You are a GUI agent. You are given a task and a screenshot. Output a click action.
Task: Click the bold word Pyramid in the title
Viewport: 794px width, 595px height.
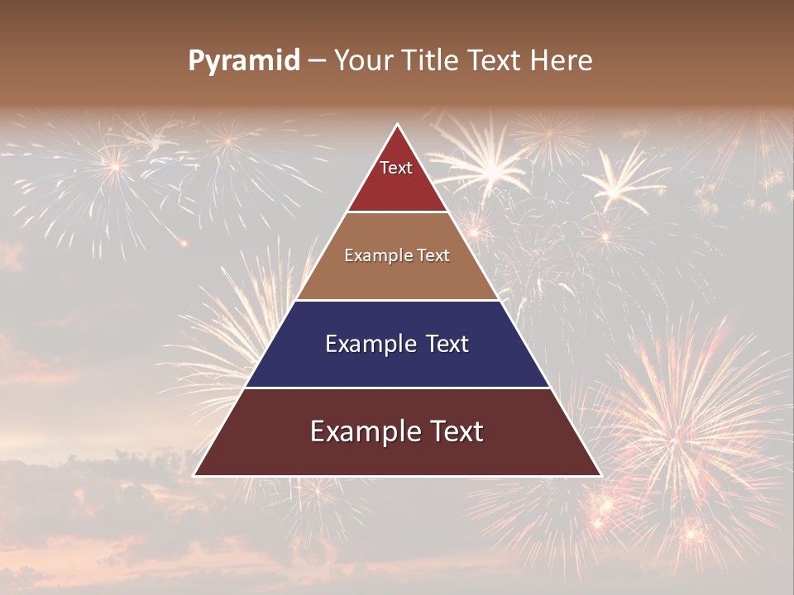(x=244, y=61)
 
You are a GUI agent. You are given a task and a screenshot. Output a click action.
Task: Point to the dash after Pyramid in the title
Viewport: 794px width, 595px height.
(x=316, y=61)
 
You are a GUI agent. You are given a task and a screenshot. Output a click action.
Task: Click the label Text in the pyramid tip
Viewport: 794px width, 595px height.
(x=396, y=168)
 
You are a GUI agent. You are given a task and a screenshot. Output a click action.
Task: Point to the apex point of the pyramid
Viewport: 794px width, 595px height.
(x=398, y=125)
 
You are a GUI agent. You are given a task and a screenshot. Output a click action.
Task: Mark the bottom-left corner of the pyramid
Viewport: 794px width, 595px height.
(x=194, y=475)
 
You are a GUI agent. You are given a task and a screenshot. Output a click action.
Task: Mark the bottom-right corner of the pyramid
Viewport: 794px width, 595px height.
(x=601, y=475)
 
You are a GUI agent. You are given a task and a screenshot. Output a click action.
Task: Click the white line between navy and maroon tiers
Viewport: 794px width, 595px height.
(x=398, y=388)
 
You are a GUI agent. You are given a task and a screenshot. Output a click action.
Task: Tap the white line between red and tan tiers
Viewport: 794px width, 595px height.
(x=398, y=212)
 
